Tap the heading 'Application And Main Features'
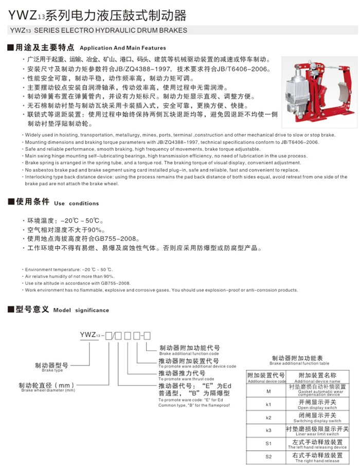point(123,47)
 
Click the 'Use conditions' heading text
point(76,203)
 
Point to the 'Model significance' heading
point(81,310)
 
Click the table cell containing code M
point(268,391)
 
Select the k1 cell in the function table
point(268,405)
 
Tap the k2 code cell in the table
point(268,417)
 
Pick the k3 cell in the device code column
point(268,430)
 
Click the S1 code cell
point(268,443)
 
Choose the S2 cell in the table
point(268,457)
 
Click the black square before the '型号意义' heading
point(10,310)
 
